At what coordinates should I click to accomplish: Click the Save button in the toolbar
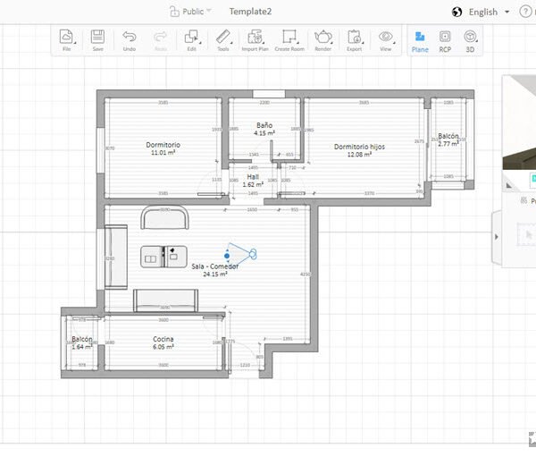[x=97, y=39]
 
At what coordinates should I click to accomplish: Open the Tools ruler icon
[x=223, y=38]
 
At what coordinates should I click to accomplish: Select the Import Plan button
[x=255, y=38]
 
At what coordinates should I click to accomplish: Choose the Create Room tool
[x=289, y=38]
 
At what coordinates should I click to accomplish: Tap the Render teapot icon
[x=322, y=38]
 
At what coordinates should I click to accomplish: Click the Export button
[x=355, y=38]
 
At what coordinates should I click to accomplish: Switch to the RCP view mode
[x=445, y=39]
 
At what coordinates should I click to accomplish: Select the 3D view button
[x=470, y=39]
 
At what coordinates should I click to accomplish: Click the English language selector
[x=482, y=13]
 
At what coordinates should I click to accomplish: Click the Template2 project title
[x=250, y=12]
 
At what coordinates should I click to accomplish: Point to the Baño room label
[x=264, y=125]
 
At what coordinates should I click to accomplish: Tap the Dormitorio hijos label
[x=359, y=147]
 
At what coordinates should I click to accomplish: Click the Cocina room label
[x=163, y=339]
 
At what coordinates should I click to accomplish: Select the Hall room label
[x=253, y=177]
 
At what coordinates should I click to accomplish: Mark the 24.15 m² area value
[x=215, y=275]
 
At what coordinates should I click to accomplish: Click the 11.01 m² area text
[x=163, y=153]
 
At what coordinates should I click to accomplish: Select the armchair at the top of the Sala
[x=165, y=217]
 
